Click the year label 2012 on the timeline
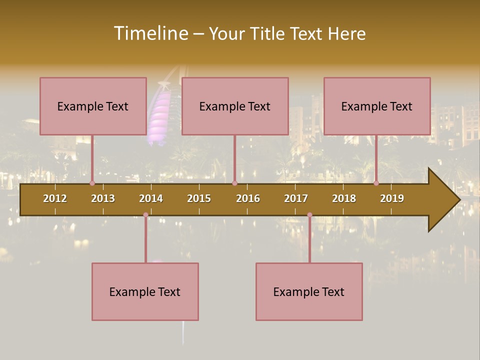[x=55, y=198]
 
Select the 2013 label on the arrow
[x=103, y=198]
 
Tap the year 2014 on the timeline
[x=151, y=198]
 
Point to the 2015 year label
[x=199, y=198]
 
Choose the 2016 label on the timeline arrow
[x=248, y=198]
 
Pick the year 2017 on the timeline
[x=296, y=198]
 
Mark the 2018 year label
[x=344, y=198]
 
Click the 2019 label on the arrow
[x=392, y=198]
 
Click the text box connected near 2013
[x=93, y=106]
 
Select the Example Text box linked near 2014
[x=145, y=291]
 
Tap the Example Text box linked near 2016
[x=235, y=106]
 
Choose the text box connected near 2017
[x=309, y=291]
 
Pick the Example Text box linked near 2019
[x=377, y=106]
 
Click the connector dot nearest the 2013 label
[x=92, y=183]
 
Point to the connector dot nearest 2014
[x=145, y=215]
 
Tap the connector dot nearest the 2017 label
[x=309, y=215]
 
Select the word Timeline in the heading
[x=150, y=33]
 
